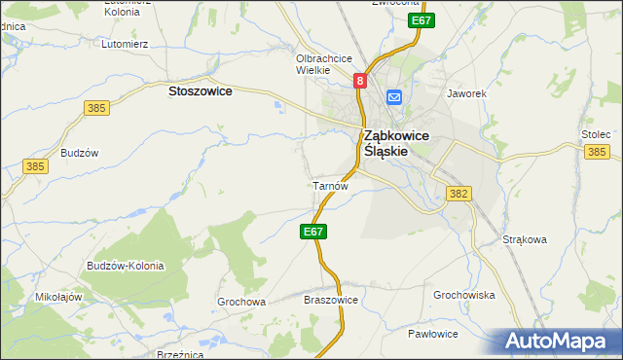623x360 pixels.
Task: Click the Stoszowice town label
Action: click(200, 90)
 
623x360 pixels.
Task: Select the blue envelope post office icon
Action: click(394, 96)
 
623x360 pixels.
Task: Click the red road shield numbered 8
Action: click(360, 83)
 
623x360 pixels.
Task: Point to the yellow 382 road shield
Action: click(459, 194)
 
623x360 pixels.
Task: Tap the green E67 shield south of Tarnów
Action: click(312, 232)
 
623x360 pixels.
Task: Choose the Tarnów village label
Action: click(328, 184)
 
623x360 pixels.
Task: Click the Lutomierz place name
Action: click(125, 44)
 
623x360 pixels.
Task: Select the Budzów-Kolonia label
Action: click(125, 266)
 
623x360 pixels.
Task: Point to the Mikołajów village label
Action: click(57, 297)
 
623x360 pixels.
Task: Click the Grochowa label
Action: click(241, 302)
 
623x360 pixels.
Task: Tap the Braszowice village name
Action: click(332, 300)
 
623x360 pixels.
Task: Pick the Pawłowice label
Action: click(433, 334)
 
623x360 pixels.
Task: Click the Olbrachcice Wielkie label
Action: click(324, 64)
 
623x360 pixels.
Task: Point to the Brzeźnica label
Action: click(179, 355)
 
